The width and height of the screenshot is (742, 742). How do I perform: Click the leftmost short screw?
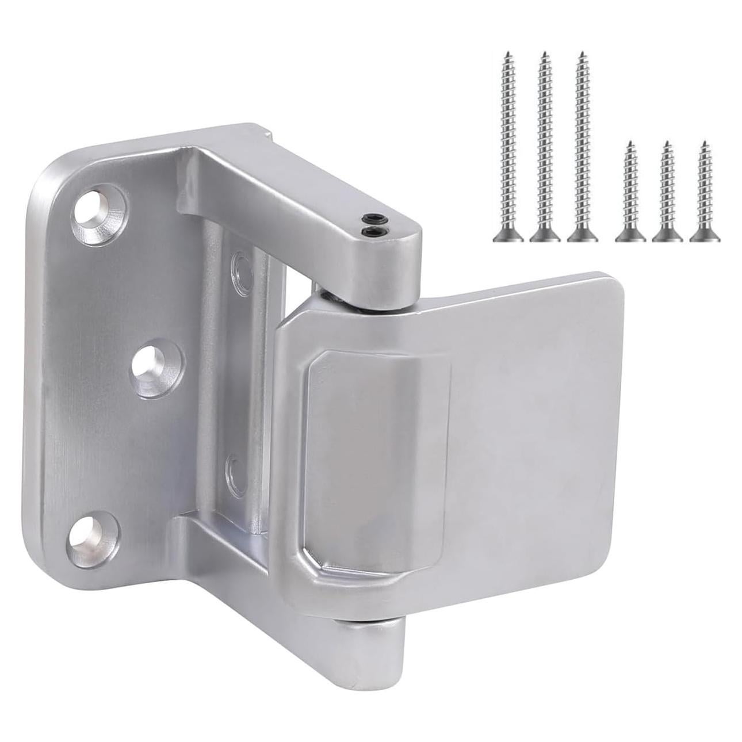630,190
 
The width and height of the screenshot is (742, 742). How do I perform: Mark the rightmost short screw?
703,190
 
